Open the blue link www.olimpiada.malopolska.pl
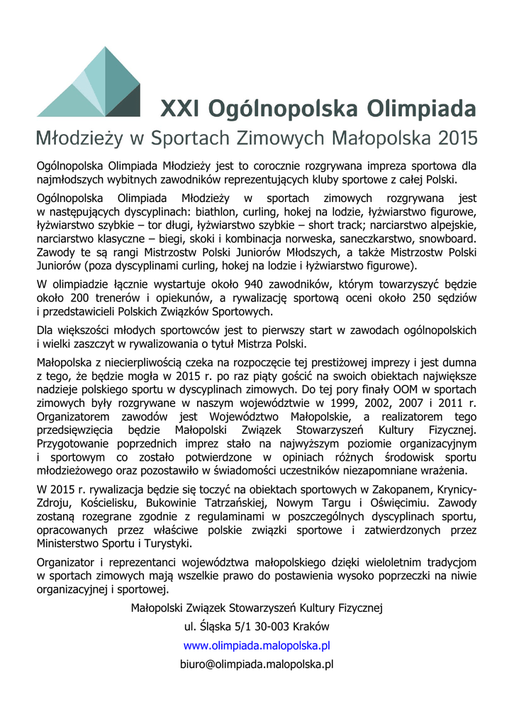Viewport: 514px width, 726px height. coord(257,646)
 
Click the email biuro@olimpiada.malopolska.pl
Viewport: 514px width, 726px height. coord(257,664)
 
